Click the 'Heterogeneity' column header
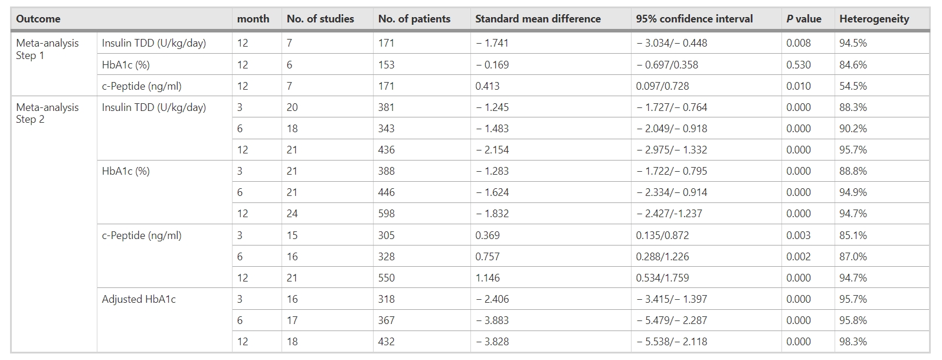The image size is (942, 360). coord(874,19)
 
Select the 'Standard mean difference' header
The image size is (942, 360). coord(538,19)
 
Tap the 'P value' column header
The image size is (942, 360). coord(803,19)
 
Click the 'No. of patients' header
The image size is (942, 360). coord(414,19)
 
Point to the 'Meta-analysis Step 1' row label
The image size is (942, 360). coord(47,49)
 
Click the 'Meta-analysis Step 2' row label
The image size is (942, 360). coord(47,113)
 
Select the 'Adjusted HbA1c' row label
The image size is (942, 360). coord(139,299)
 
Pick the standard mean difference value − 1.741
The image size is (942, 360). coord(492,43)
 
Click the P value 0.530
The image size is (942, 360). coord(798,65)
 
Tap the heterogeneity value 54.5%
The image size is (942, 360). coord(853,86)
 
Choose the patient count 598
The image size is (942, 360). coord(387,214)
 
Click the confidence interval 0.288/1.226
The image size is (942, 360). coord(662,257)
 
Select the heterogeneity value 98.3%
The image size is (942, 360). coord(853,342)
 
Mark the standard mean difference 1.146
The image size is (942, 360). coord(488,278)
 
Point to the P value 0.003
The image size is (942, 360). coord(798,235)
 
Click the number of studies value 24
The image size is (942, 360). coord(292,214)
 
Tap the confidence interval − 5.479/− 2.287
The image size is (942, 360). coord(672,320)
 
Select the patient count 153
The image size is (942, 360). coord(387,65)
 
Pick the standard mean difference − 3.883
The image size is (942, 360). coord(492,320)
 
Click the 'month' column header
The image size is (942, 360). coord(253,19)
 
